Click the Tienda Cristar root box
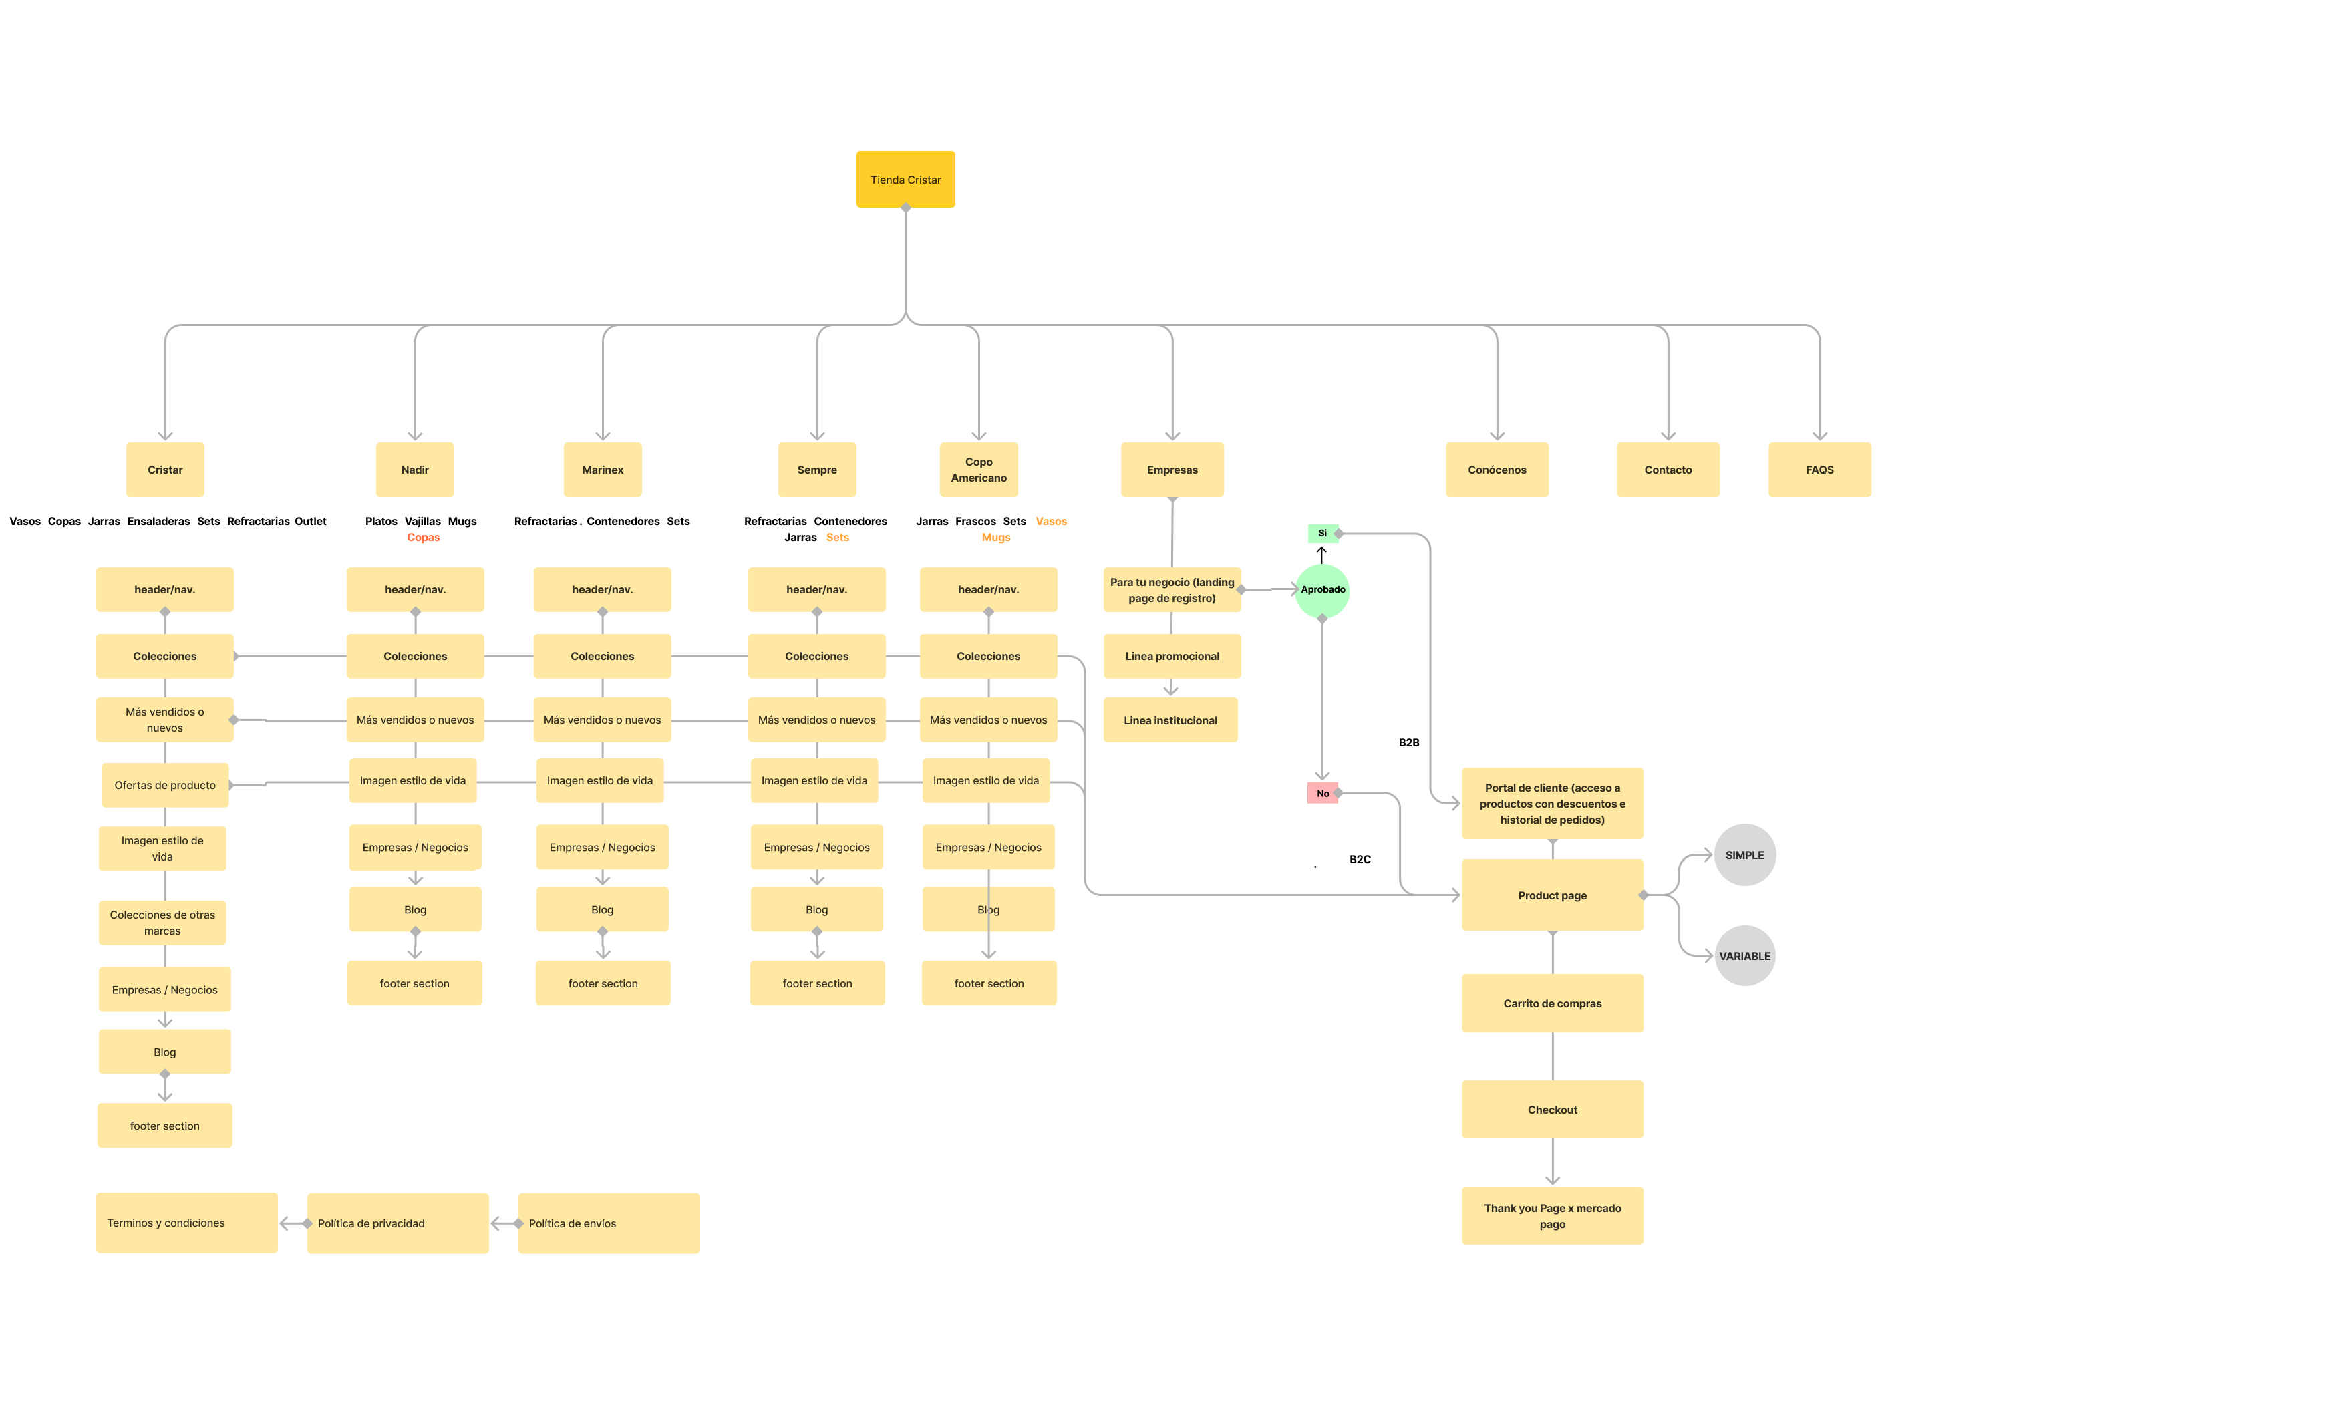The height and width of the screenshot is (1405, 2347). click(x=905, y=179)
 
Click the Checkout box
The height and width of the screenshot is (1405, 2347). click(x=1552, y=1110)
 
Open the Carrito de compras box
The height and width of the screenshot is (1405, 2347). click(x=1552, y=1003)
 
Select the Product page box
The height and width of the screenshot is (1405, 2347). click(x=1552, y=895)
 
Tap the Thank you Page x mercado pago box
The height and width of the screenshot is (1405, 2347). click(x=1552, y=1216)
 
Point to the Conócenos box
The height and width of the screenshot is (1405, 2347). click(x=1496, y=470)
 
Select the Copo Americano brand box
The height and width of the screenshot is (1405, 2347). click(x=978, y=470)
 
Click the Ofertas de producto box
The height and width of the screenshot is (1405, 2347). click(x=165, y=785)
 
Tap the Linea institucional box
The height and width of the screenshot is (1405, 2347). click(x=1170, y=720)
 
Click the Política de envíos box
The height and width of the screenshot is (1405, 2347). click(x=609, y=1223)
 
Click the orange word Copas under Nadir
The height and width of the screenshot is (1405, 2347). click(x=423, y=538)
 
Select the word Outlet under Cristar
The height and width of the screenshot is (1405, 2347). click(x=311, y=522)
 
